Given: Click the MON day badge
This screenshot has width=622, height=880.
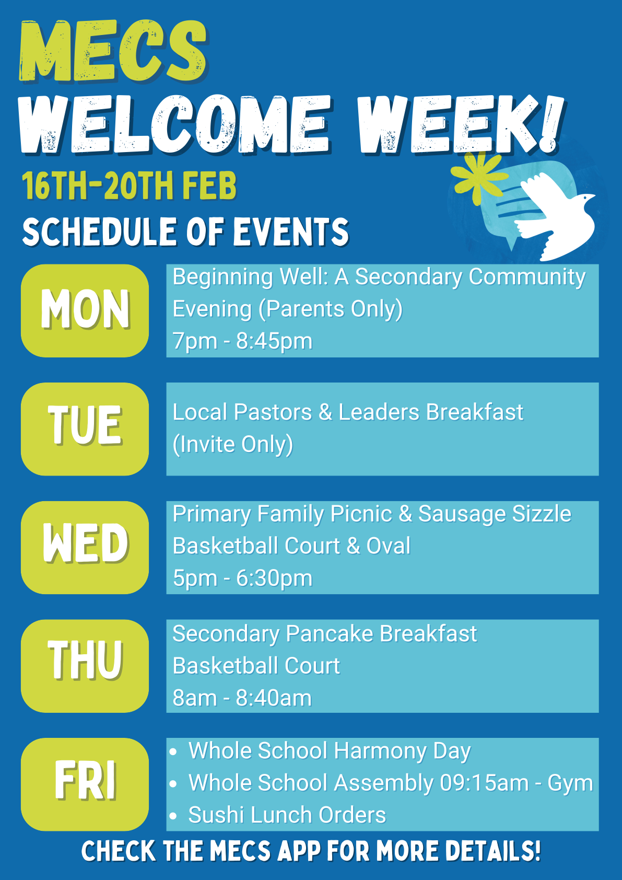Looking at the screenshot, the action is pyautogui.click(x=85, y=310).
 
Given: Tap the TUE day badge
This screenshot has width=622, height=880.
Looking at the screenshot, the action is pyautogui.click(x=85, y=429).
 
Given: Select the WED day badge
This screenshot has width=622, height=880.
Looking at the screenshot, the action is pyautogui.click(x=85, y=547).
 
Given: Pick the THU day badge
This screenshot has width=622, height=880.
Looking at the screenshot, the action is pyautogui.click(x=85, y=666).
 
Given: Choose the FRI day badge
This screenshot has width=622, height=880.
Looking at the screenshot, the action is pyautogui.click(x=85, y=784).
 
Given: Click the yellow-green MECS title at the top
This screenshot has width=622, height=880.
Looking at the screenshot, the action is pyautogui.click(x=113, y=51).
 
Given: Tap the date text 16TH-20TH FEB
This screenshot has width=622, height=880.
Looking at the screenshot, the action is pyautogui.click(x=129, y=185).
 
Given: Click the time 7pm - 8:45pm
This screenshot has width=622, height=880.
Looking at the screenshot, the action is pyautogui.click(x=242, y=341).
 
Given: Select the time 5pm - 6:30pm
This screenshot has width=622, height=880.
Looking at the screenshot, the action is pyautogui.click(x=242, y=578).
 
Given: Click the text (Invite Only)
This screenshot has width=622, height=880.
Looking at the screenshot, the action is pyautogui.click(x=233, y=445).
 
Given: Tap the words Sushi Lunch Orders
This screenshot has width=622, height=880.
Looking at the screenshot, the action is pyautogui.click(x=287, y=815).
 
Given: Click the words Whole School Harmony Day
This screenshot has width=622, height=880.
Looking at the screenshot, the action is pyautogui.click(x=330, y=751).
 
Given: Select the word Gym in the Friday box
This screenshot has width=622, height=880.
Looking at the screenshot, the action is pyautogui.click(x=570, y=783).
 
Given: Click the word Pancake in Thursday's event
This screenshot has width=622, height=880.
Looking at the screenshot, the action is pyautogui.click(x=330, y=634).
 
